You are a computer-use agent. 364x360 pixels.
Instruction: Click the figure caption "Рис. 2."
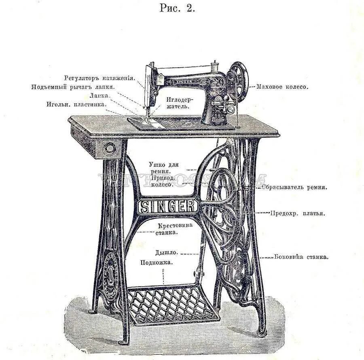pos(177,9)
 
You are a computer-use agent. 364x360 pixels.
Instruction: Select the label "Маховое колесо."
pos(283,87)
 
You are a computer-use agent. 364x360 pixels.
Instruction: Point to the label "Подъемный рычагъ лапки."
pos(73,87)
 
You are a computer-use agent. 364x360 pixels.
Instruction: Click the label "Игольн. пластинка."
pos(77,104)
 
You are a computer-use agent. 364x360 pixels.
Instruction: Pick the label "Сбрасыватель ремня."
pos(294,187)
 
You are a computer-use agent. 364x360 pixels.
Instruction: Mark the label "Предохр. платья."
pos(298,213)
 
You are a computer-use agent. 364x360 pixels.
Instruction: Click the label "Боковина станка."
pos(301,256)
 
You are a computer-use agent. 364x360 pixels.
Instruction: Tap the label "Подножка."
pos(157,262)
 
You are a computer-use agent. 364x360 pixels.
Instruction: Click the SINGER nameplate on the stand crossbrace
pos(167,207)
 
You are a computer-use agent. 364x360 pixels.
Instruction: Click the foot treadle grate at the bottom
pos(172,306)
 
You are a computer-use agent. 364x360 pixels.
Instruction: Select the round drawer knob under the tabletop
pos(109,148)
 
